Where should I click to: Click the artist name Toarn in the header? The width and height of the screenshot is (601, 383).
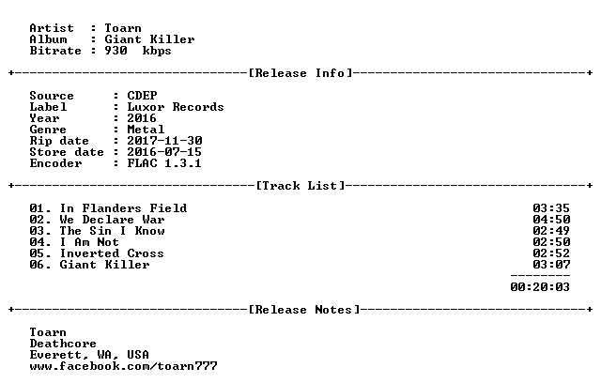click(123, 28)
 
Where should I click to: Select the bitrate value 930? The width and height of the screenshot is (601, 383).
click(116, 51)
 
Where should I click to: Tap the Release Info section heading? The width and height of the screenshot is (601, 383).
click(300, 73)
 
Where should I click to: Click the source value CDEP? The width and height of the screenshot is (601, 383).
click(142, 96)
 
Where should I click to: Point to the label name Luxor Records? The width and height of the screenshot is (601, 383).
click(176, 107)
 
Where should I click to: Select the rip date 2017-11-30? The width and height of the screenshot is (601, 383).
click(164, 141)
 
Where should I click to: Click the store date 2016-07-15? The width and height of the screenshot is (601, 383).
click(164, 152)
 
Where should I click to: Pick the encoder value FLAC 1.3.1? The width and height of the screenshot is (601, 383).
click(164, 163)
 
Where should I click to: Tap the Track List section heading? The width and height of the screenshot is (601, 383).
click(300, 186)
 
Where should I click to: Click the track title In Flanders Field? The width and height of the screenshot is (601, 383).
click(123, 208)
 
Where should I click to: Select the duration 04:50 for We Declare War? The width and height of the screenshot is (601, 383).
click(551, 220)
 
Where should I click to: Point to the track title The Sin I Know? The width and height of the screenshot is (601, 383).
click(113, 231)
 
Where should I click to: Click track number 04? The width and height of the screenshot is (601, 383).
click(37, 242)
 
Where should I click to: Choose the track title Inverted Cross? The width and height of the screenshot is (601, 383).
click(112, 253)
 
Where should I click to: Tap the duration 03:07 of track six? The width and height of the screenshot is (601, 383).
click(551, 265)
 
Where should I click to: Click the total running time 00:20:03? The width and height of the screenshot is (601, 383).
click(540, 287)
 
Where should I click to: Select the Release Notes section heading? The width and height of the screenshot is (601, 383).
click(304, 310)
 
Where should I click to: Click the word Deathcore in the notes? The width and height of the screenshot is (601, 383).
click(63, 344)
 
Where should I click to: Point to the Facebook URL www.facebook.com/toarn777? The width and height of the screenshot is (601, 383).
click(123, 366)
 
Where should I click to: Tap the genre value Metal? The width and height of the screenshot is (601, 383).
click(146, 130)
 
